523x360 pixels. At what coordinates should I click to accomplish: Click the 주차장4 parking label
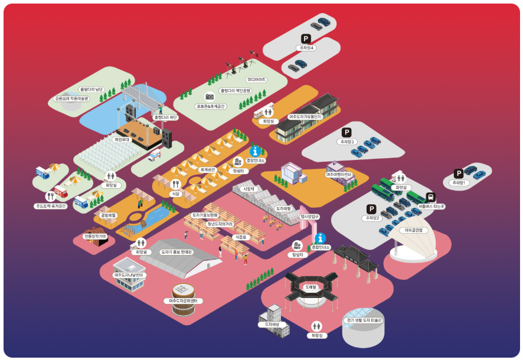pyautogui.click(x=307, y=48)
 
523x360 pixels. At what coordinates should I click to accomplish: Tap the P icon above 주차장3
pyautogui.click(x=347, y=133)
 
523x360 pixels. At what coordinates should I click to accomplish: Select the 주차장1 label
pyautogui.click(x=459, y=183)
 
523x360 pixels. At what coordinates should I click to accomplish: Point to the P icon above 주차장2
pyautogui.click(x=371, y=210)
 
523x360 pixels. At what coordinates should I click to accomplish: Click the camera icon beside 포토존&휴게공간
pyautogui.click(x=209, y=96)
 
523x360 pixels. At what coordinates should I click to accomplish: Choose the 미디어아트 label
pyautogui.click(x=256, y=79)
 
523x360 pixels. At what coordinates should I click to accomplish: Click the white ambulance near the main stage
pyautogui.click(x=154, y=156)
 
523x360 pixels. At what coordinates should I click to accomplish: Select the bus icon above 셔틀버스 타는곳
pyautogui.click(x=431, y=197)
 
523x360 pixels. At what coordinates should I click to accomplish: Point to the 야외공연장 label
pyautogui.click(x=414, y=230)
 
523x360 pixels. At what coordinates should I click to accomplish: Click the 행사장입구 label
pyautogui.click(x=309, y=217)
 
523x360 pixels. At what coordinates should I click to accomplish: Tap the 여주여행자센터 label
pyautogui.click(x=339, y=175)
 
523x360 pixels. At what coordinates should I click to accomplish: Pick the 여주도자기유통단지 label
pyautogui.click(x=306, y=117)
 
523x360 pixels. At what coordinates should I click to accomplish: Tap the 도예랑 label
pyautogui.click(x=311, y=287)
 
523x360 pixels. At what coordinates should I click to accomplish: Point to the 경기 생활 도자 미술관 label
pyautogui.click(x=363, y=320)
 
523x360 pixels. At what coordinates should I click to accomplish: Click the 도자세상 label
pyautogui.click(x=272, y=325)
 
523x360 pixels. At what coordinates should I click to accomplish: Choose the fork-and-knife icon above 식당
pyautogui.click(x=175, y=184)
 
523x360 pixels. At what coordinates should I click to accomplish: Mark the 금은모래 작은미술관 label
pyautogui.click(x=71, y=99)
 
